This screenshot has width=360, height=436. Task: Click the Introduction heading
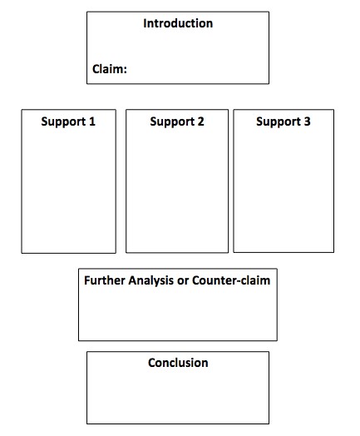point(178,23)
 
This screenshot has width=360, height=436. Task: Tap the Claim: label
point(109,70)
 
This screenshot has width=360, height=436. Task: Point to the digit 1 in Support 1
point(92,121)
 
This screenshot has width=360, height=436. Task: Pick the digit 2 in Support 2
point(200,121)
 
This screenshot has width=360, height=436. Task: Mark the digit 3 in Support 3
point(308,121)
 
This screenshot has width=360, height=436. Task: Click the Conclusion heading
point(178,363)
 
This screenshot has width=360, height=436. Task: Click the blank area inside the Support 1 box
point(68,191)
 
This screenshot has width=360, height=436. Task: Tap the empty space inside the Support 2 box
point(176,191)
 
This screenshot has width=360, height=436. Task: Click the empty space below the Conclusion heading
point(178,395)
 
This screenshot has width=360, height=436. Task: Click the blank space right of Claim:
point(195,70)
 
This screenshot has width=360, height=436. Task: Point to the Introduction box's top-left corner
point(87,12)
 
